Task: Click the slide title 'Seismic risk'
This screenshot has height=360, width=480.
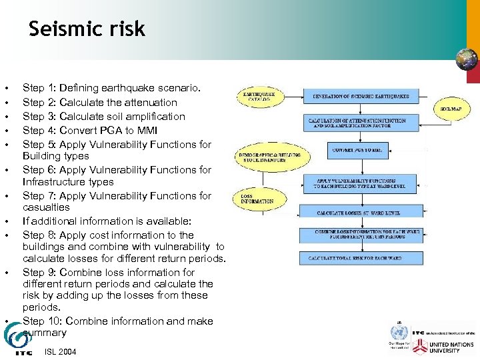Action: (87, 29)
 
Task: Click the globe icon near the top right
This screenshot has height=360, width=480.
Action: (467, 60)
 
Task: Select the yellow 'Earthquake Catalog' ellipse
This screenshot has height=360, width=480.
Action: (259, 97)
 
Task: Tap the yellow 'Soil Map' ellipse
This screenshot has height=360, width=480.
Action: (453, 109)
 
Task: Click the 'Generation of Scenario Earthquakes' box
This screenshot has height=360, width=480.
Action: (361, 97)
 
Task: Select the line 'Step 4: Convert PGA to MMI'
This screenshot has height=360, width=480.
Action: (89, 130)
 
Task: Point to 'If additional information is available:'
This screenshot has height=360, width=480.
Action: (107, 221)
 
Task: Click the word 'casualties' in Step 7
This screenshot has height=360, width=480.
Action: (46, 208)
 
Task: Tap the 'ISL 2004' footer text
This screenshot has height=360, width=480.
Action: (61, 351)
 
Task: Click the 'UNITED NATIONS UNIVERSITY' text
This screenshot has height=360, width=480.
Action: (453, 347)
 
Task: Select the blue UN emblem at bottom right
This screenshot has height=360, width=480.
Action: (398, 331)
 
